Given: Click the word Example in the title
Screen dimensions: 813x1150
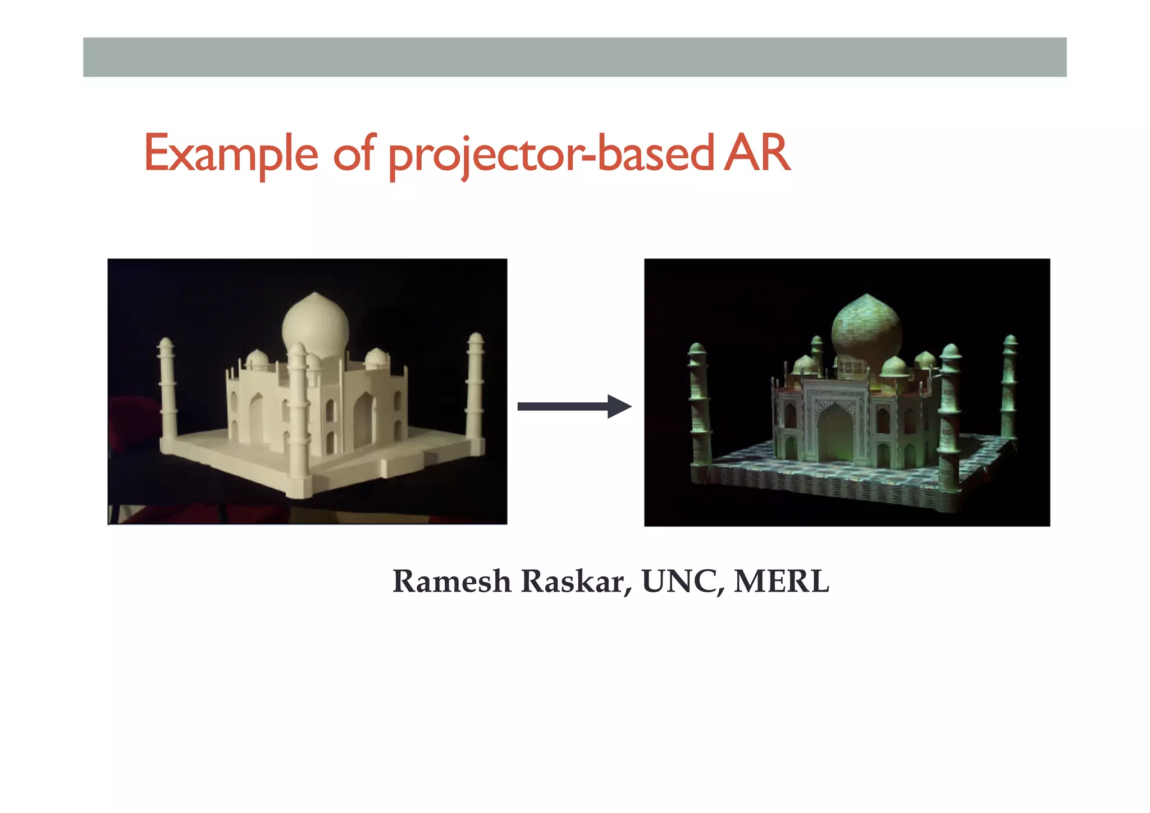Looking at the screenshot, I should pos(231,153).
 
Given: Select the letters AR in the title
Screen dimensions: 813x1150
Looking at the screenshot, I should pos(757,153).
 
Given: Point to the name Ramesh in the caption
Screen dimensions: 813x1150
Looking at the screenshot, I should pos(451,581).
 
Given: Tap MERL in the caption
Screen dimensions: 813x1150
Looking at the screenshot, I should pos(781,581).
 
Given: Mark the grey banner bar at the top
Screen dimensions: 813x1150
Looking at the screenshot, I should pos(574,57).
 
